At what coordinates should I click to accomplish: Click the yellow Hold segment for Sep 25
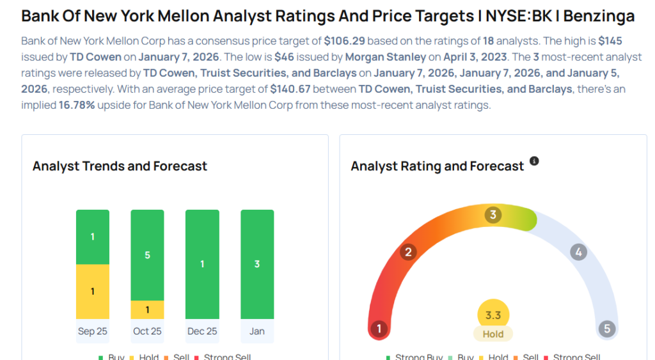coord(93,292)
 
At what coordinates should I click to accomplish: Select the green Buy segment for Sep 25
coord(93,237)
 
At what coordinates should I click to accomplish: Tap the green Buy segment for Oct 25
coord(148,254)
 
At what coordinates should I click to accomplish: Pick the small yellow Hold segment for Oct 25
coord(148,309)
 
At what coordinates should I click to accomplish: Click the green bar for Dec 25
coord(202,264)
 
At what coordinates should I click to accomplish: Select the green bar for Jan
coord(257,264)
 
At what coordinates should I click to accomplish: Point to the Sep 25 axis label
coord(93,331)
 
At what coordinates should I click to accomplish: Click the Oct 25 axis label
coord(148,331)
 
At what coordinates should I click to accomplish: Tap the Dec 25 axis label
coord(202,331)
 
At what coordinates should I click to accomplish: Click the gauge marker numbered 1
coord(379,329)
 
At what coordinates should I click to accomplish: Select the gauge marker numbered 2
coord(408,252)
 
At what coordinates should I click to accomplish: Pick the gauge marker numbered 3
coord(493,215)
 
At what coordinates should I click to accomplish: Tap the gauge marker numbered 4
coord(578,252)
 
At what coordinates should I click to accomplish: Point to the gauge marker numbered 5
coord(606,329)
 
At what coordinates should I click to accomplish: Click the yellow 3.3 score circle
coord(493,315)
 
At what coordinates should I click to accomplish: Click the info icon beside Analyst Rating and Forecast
coord(534,162)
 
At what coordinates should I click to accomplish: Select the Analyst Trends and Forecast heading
coord(120,166)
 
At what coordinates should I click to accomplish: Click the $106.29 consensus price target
coord(344,41)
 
